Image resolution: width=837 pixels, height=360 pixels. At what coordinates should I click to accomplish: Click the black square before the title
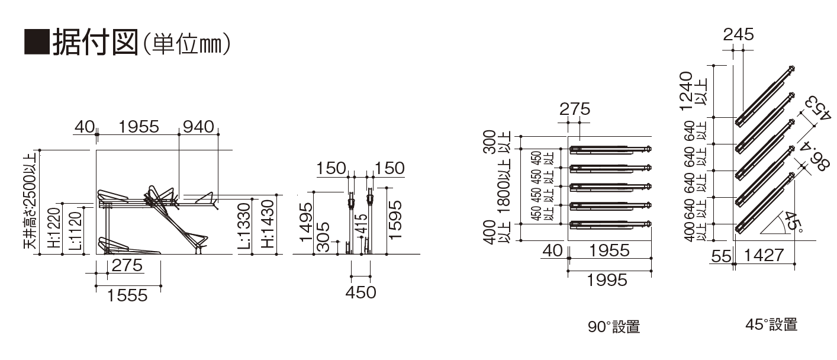37,41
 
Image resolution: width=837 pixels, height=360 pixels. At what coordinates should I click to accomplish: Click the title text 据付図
96,42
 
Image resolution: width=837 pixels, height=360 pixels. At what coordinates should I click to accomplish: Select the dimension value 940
198,127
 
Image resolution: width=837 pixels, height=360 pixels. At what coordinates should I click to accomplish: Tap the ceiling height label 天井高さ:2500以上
30,200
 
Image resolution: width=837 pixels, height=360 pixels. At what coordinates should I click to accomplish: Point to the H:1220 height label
54,228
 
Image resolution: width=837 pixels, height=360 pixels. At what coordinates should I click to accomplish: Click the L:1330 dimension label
244,226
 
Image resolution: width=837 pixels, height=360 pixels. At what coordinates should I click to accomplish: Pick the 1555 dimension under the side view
127,295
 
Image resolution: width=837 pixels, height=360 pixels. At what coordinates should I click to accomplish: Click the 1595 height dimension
395,220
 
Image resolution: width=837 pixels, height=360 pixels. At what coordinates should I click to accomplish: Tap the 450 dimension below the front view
360,292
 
